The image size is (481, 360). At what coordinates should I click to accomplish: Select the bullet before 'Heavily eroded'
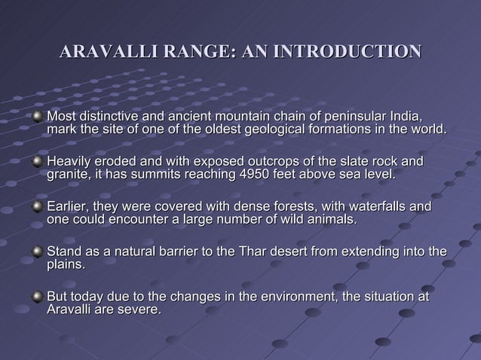(37, 162)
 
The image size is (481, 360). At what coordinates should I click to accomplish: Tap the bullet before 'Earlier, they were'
(37, 206)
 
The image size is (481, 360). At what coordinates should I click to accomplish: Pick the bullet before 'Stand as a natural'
(37, 252)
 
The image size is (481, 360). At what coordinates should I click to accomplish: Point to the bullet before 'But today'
(37, 296)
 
